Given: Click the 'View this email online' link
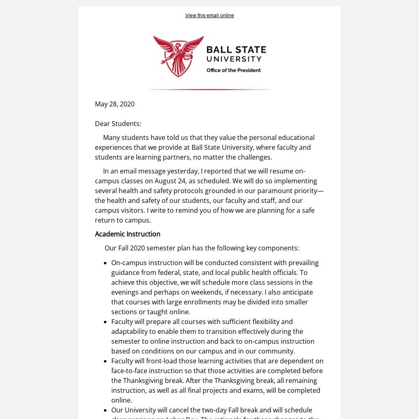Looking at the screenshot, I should (x=209, y=16).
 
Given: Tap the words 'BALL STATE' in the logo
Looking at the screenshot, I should (x=236, y=50).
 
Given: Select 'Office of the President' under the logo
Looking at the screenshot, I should (x=233, y=70).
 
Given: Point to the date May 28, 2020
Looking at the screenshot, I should (x=115, y=104).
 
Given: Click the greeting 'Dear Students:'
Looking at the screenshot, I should (x=118, y=124).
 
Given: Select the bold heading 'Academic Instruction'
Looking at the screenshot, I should (x=128, y=234).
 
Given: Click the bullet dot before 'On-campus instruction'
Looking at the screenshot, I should (x=106, y=263).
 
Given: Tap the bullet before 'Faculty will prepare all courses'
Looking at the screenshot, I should (x=106, y=322).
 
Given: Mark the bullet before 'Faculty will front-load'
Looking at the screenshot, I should (x=106, y=361).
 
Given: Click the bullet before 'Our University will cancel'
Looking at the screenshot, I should (x=106, y=410).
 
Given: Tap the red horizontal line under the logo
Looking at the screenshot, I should (x=209, y=89).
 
